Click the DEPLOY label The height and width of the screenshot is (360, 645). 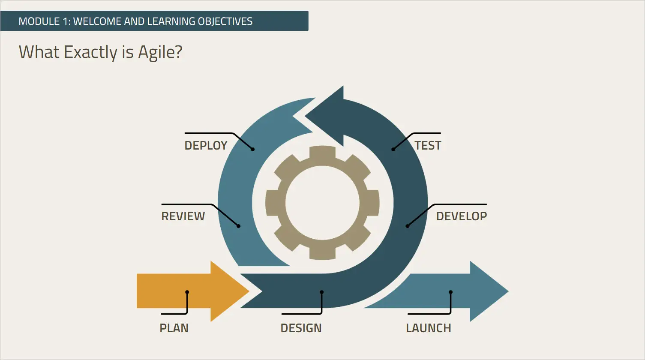coord(206,146)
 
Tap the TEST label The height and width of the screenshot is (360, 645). coord(428,146)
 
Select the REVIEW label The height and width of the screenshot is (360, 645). coord(183,216)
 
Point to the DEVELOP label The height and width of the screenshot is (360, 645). coord(461,216)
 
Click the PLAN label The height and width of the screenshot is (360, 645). coord(174,328)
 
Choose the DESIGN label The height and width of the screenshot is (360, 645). coord(301,328)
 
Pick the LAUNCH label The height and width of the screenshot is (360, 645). coord(428,328)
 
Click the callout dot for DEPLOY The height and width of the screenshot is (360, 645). coord(253,149)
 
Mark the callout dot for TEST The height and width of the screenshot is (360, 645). coord(393,149)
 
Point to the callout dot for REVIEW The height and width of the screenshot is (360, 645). coord(239,226)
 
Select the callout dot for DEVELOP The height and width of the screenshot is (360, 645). coord(408,226)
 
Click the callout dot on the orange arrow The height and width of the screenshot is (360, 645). coord(187,292)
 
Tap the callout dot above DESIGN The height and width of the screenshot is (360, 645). coord(321,292)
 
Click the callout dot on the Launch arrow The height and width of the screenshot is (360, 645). coord(450,292)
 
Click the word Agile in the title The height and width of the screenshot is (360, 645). coord(160,52)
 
